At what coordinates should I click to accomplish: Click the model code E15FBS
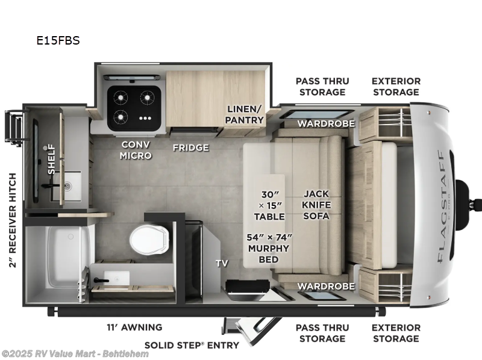click(58, 41)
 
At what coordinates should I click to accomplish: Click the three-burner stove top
click(134, 107)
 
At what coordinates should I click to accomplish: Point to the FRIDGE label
click(190, 147)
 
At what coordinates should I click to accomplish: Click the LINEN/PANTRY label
click(245, 114)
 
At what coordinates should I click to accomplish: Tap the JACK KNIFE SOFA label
click(317, 205)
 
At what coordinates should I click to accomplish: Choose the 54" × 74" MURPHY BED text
click(269, 248)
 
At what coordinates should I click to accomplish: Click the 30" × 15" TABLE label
click(269, 205)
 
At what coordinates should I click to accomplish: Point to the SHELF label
click(51, 159)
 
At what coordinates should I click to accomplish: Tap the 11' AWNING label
click(134, 327)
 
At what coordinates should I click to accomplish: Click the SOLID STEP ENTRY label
click(192, 345)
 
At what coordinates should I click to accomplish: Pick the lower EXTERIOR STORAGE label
click(396, 333)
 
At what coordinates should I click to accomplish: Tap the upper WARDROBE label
click(326, 123)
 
